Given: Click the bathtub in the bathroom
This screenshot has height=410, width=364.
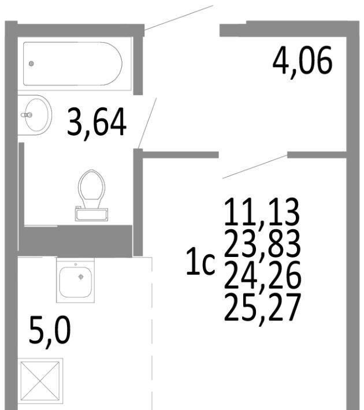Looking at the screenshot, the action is click(73, 64).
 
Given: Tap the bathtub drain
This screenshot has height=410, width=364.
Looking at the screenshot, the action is click(31, 64).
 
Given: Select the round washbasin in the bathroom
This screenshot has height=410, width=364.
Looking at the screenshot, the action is click(35, 115).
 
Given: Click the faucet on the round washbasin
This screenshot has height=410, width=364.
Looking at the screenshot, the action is click(27, 115).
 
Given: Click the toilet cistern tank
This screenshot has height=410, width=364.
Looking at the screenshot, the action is click(91, 214).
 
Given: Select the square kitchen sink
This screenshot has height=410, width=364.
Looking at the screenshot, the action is click(75, 280).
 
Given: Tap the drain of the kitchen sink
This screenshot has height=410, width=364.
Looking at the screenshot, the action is click(81, 277).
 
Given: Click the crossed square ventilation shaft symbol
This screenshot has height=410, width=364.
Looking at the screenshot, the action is click(40, 381).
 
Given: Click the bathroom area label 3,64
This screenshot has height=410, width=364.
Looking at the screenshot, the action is click(97, 122).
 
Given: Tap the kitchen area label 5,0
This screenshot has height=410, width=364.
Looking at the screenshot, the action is click(50, 331).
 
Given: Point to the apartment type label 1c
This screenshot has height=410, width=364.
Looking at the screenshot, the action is click(200, 262).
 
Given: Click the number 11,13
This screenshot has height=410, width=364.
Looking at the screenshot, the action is click(262, 213).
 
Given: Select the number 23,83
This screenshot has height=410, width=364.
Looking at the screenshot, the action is click(262, 243).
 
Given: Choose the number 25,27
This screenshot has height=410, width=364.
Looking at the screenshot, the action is click(262, 307).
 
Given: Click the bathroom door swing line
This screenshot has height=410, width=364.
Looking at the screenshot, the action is click(147, 124).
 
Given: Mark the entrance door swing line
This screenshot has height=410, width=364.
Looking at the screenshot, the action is click(179, 17).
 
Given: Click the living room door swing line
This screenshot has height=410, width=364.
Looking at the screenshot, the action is click(255, 167).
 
